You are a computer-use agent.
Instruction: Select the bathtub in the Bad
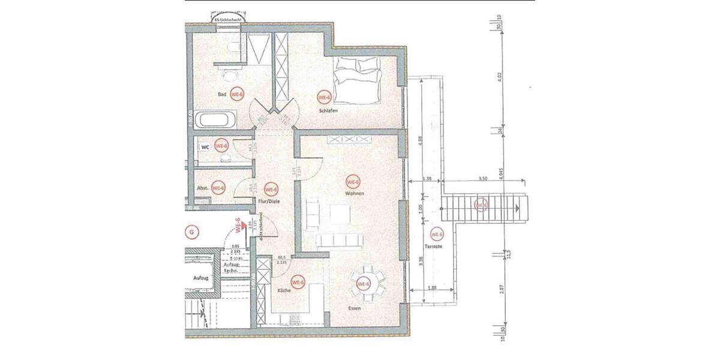point(217,119)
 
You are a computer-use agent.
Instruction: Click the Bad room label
point(222,95)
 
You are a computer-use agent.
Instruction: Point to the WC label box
point(205,146)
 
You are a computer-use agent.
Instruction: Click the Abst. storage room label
point(203,188)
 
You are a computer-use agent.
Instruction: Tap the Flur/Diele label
point(268,203)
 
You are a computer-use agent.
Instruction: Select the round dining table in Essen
point(364,284)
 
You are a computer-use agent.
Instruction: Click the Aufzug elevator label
point(200,278)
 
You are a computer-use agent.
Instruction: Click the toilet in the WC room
point(226,159)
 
